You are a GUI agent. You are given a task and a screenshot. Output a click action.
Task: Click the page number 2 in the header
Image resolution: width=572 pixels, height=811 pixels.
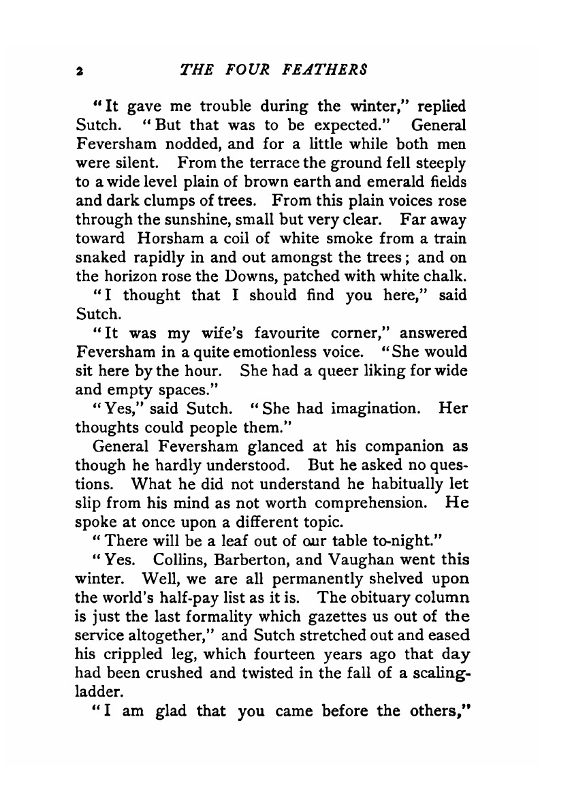tap(80, 70)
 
